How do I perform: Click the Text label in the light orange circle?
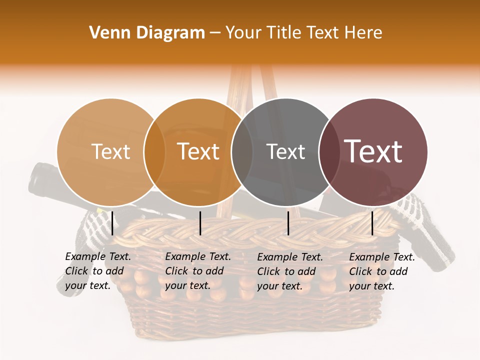[110, 152]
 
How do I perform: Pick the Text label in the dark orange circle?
[198, 152]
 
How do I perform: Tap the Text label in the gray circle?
[285, 152]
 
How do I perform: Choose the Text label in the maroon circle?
[373, 152]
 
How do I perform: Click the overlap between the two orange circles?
[154, 152]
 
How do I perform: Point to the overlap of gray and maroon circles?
[329, 152]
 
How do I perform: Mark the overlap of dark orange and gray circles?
[241, 152]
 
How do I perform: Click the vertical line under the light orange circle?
[112, 223]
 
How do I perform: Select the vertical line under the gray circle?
[288, 223]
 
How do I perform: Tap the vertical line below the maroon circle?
[372, 223]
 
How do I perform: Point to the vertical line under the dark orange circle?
[200, 223]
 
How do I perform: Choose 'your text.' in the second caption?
[187, 286]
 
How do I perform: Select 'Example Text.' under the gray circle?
[290, 257]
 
